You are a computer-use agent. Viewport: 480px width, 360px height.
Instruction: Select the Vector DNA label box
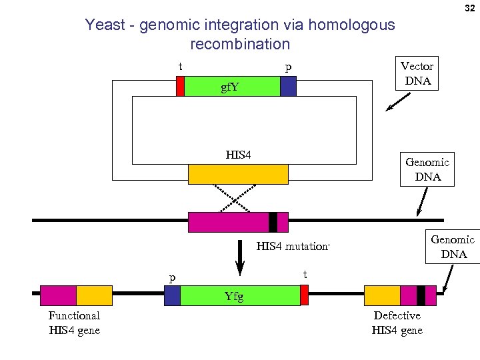tap(417, 73)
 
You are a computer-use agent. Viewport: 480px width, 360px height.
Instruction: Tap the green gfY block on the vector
tap(232, 87)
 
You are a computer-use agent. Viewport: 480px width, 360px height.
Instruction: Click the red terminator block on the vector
tap(180, 87)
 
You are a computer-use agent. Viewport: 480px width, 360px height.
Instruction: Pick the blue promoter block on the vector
tap(288, 87)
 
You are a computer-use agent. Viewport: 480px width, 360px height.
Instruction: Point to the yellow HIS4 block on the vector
tap(238, 174)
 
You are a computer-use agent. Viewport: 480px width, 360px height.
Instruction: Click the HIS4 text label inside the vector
tap(238, 155)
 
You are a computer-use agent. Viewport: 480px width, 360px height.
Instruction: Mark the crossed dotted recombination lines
tap(238, 197)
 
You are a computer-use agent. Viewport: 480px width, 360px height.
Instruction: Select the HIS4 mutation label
tap(293, 247)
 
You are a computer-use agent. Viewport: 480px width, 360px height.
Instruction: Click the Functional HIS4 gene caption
tap(74, 323)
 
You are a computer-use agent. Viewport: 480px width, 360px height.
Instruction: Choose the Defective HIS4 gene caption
tap(397, 323)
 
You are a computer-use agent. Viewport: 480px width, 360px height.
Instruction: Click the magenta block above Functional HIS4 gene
tap(58, 295)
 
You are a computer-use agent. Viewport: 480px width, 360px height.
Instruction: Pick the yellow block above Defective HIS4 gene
tap(382, 295)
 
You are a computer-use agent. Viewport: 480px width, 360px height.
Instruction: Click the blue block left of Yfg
tap(172, 295)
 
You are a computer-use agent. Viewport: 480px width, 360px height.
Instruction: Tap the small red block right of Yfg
tap(304, 295)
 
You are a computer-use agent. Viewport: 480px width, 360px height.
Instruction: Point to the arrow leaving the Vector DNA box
tap(398, 102)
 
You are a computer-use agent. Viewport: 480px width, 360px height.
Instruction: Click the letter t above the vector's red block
tap(180, 67)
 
